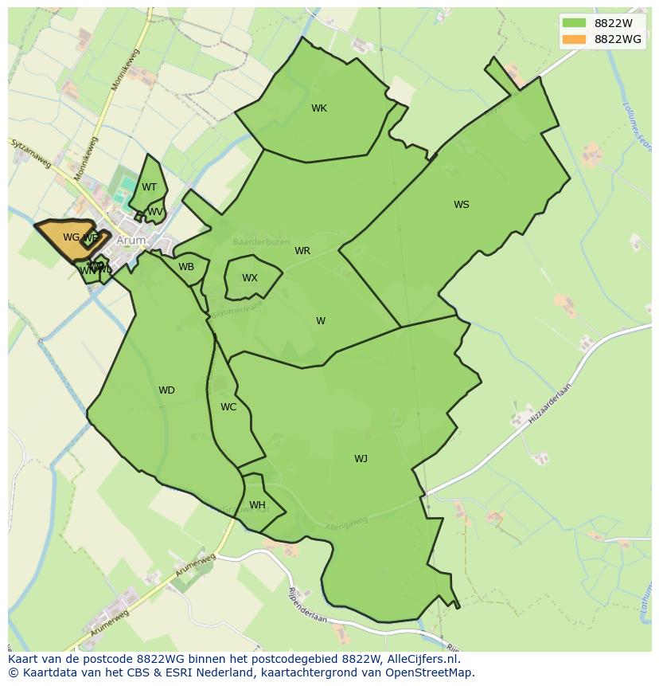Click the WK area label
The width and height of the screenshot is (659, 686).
[x=319, y=108]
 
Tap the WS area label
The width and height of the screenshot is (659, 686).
[x=462, y=205]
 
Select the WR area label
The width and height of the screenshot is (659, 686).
[x=302, y=251]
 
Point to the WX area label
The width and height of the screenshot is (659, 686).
[x=250, y=278]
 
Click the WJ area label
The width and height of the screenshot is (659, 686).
[x=361, y=458]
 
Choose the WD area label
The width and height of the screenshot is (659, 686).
[x=166, y=390]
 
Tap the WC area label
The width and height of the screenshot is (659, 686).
[x=228, y=407]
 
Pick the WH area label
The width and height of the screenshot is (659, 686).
[x=257, y=505]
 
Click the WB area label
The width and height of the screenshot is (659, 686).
[x=186, y=267]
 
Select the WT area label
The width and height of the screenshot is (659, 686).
[x=150, y=187]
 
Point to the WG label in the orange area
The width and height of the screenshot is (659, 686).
[x=71, y=237]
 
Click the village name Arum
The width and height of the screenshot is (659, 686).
[x=131, y=240]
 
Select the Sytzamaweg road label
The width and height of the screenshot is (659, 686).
[x=31, y=153]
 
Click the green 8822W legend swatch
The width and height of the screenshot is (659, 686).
[x=573, y=23]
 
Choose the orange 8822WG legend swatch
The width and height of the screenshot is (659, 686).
[x=573, y=39]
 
